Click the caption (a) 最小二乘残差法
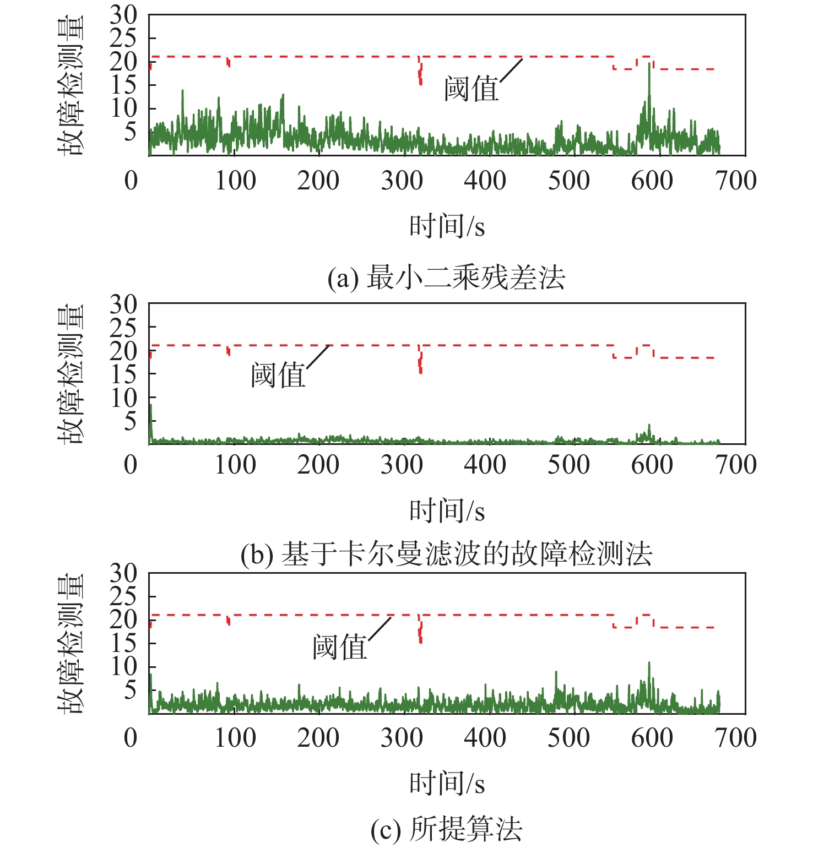click(x=446, y=278)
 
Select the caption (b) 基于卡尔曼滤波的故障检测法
click(x=446, y=553)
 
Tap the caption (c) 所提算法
click(x=446, y=829)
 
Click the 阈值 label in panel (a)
click(x=471, y=89)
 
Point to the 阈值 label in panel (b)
click(x=278, y=376)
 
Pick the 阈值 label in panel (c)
click(x=340, y=647)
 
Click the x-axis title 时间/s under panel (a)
click(x=447, y=226)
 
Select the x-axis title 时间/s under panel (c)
click(x=447, y=783)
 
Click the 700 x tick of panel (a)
click(x=736, y=181)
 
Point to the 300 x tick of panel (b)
click(x=402, y=465)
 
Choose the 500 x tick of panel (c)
click(x=568, y=738)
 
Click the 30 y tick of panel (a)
click(x=123, y=15)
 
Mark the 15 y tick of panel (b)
click(x=123, y=374)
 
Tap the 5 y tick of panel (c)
click(x=130, y=690)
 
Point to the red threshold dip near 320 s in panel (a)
click(x=420, y=77)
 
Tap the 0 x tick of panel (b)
click(x=131, y=465)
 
